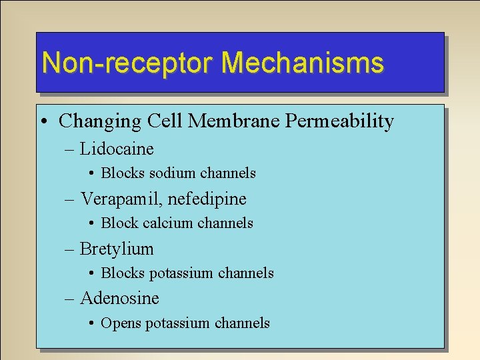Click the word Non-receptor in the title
(127, 63)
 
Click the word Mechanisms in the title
(303, 63)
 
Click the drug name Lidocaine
(117, 149)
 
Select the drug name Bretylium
(117, 249)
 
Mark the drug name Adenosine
(119, 298)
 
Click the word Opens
(121, 323)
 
